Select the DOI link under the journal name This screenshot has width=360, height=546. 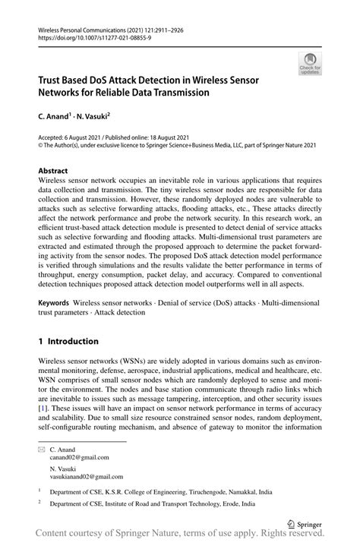coord(89,36)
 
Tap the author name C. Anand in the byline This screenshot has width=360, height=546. coord(58,118)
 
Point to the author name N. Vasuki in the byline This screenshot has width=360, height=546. coord(93,118)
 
